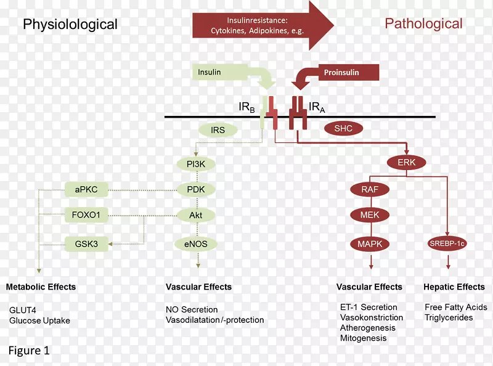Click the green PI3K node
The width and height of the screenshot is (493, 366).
pos(196,164)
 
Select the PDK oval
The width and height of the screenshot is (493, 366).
pos(196,190)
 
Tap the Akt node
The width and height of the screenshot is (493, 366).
pos(196,216)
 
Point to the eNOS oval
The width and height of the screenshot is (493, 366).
pos(196,244)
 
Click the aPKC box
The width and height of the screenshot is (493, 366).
pos(86,190)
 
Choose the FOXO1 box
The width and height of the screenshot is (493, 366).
pos(86,215)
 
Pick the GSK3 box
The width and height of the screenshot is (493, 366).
pos(86,244)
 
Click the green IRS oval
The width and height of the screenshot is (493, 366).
pos(218,130)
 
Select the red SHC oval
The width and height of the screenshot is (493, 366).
pos(343,129)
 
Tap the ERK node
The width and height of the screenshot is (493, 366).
pos(407,163)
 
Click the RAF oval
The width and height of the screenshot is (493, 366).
pos(370,190)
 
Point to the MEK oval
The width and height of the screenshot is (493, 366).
pos(370,215)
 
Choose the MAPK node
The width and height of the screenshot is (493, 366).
pos(370,244)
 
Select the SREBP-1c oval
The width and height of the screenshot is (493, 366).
pos(447,243)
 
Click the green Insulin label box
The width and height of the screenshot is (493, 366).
pos(220,72)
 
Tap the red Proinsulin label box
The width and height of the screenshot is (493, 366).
pos(349,72)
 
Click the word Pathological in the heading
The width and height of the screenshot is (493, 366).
pos(423,24)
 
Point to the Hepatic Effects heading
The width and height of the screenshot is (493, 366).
pos(454,287)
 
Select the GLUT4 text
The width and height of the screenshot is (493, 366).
pos(23,310)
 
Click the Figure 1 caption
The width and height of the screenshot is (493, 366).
pos(29,351)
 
